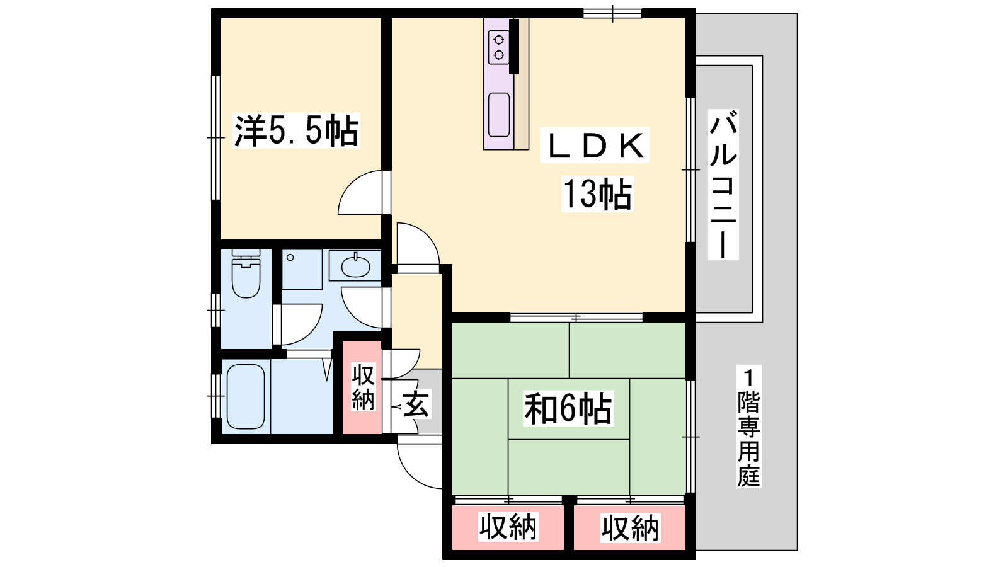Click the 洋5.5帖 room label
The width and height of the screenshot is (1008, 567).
296,130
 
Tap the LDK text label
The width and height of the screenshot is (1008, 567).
595,146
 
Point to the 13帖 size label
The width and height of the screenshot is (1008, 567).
597,193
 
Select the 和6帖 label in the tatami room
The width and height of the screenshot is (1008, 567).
568,409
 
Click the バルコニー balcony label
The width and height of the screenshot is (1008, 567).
723,185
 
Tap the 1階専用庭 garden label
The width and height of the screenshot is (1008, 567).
748,426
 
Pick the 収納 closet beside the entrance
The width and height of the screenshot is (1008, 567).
362,387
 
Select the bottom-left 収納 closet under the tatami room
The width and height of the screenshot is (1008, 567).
508,527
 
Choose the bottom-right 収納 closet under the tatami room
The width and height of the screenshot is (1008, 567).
630,527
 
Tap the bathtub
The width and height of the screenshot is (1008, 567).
246,396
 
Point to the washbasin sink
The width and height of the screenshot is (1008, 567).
355,267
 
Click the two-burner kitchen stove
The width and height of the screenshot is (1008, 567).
498,47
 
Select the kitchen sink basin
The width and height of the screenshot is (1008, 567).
499,114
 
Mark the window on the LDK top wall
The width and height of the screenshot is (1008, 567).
612,13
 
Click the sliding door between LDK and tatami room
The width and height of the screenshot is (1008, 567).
576,318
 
